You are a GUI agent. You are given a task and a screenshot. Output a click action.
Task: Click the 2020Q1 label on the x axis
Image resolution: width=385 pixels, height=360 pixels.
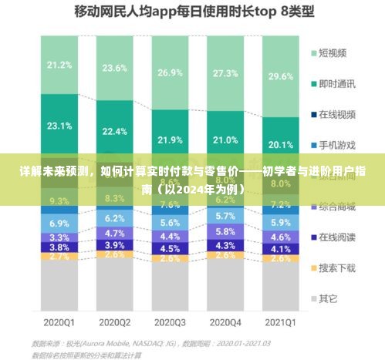coord(59,321)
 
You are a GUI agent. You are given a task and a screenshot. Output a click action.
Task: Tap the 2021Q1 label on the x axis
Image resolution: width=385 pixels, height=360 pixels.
coord(280,321)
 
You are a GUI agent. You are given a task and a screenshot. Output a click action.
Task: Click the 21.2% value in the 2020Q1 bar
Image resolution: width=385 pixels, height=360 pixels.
coord(59,65)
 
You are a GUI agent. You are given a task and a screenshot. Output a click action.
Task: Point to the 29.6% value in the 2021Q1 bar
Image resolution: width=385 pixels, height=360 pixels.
coord(280,76)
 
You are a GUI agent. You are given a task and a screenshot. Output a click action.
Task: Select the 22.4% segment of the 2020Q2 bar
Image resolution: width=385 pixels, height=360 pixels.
coord(114,131)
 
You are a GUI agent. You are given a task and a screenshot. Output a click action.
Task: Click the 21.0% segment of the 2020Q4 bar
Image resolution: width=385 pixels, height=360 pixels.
coord(225,140)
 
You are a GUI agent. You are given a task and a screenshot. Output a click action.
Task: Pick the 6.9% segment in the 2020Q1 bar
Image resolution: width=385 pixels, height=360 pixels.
coord(59,223)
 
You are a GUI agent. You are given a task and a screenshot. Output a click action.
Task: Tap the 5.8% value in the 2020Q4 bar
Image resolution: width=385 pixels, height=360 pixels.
coord(225,231)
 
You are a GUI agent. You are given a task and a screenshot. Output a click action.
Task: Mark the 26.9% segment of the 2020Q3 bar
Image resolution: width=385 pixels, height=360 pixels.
coord(170,72)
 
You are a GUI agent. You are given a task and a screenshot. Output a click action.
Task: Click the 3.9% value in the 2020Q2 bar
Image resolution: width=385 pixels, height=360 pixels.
coord(114,244)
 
